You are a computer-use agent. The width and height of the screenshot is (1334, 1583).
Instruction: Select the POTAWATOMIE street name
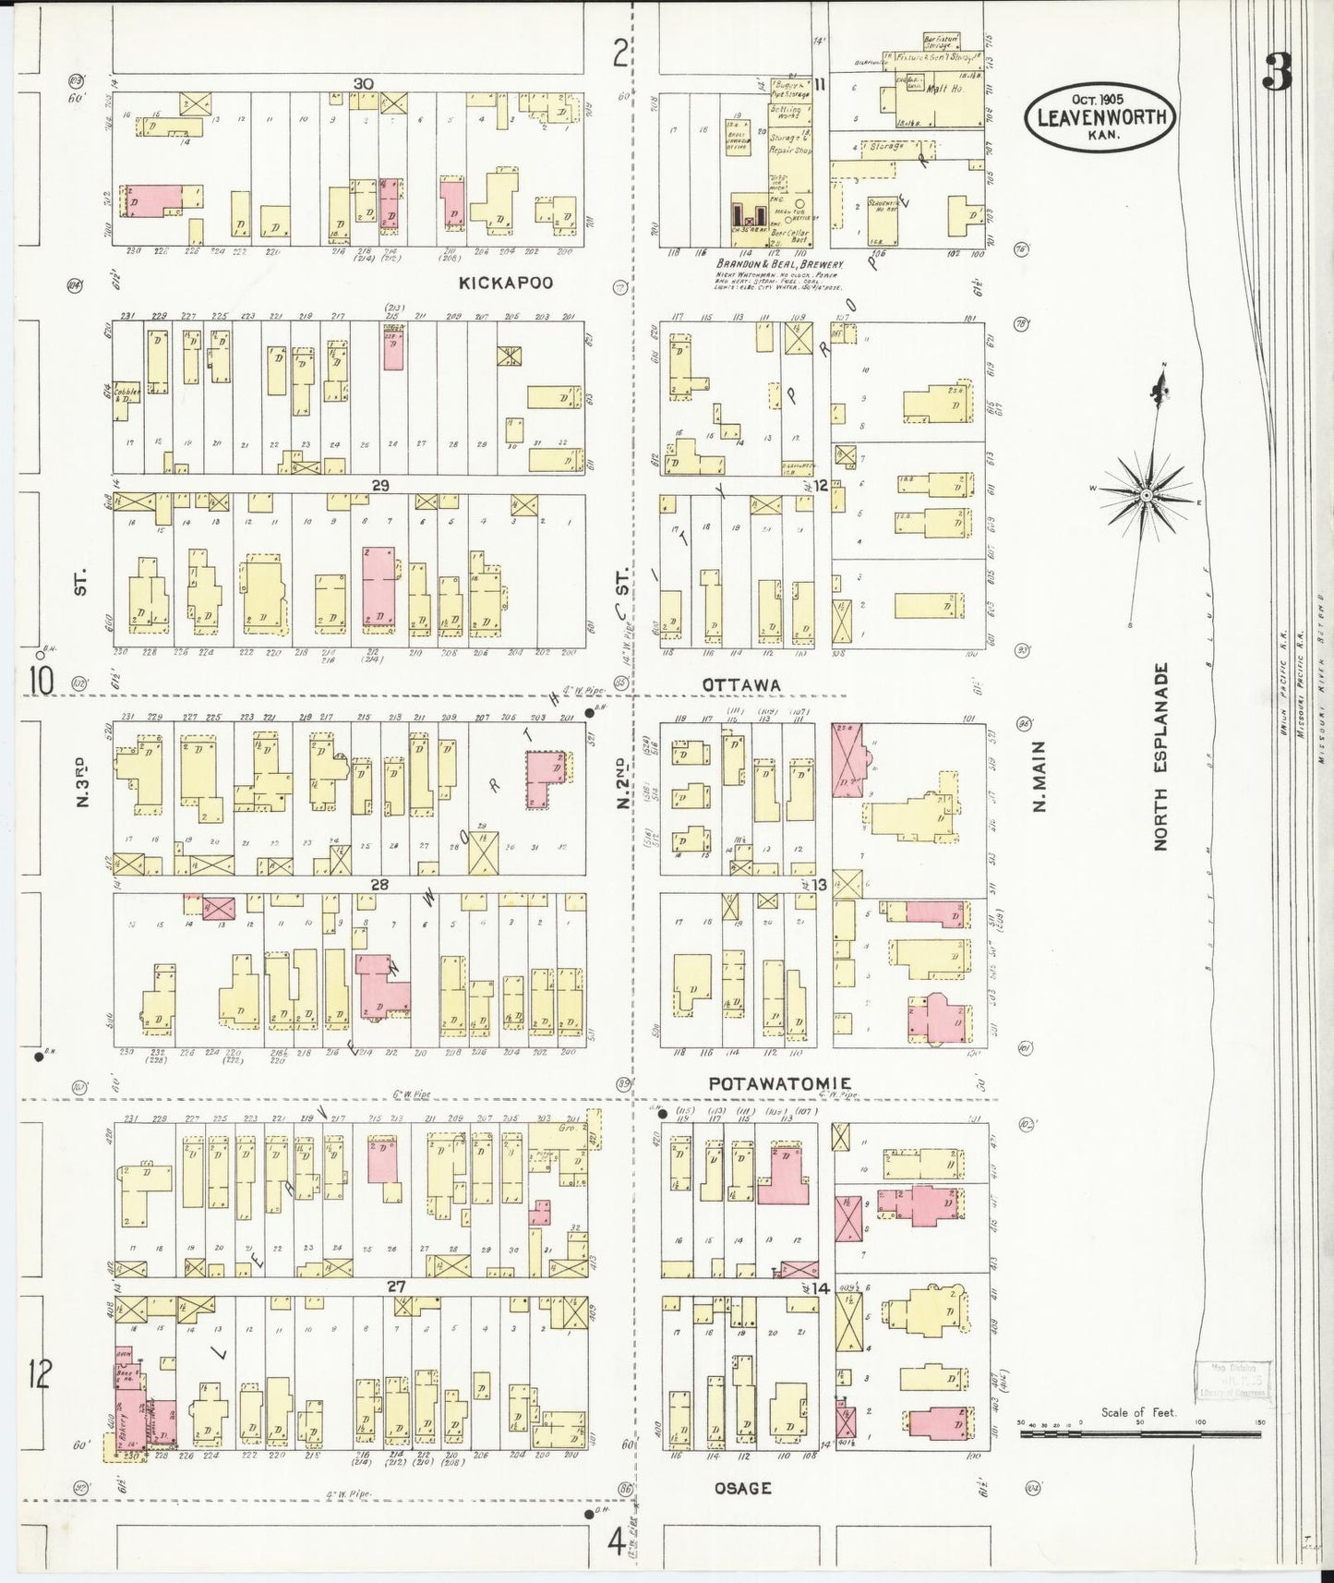click(x=779, y=1082)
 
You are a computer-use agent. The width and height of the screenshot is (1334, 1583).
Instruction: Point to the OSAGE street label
click(x=742, y=1488)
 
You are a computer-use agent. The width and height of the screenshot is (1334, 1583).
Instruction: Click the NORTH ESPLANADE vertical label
click(x=1160, y=756)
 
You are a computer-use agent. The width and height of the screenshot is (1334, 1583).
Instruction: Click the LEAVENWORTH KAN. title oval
click(x=1099, y=117)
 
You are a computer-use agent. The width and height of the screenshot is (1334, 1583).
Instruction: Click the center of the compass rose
click(x=1146, y=496)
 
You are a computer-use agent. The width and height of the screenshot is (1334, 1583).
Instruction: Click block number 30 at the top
click(x=363, y=84)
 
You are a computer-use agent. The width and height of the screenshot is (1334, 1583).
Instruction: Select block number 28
click(x=379, y=885)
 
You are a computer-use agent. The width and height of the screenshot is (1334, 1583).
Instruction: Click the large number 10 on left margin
click(x=40, y=681)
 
